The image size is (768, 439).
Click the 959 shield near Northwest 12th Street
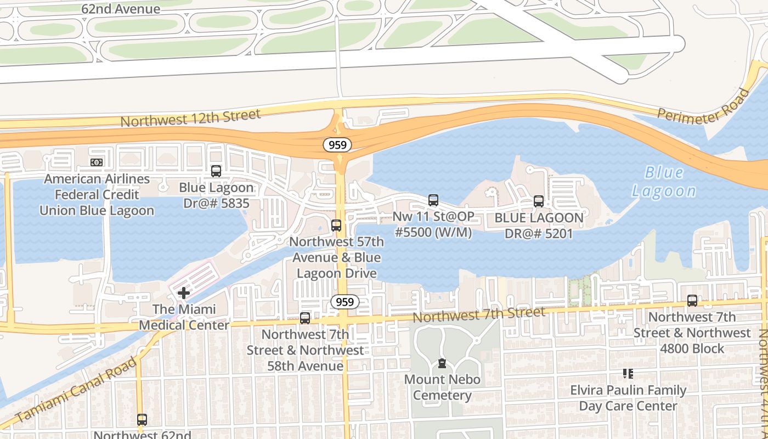click(337, 145)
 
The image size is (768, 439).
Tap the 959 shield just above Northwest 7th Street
click(345, 302)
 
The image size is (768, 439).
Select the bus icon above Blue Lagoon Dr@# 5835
click(216, 171)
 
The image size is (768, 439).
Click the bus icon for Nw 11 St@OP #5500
click(433, 200)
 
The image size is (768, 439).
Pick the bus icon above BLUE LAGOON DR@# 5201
click(539, 201)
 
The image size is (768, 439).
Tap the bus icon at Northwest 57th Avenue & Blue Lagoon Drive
click(336, 226)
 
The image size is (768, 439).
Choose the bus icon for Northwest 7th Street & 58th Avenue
click(305, 318)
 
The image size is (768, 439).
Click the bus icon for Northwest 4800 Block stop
click(692, 301)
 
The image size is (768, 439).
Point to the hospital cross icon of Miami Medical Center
click(184, 293)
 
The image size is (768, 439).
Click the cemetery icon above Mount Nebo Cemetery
click(442, 363)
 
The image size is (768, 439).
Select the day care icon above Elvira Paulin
click(628, 374)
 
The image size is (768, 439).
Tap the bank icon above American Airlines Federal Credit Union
click(97, 162)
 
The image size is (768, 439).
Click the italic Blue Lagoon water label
click(664, 182)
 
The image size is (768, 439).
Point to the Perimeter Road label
click(703, 106)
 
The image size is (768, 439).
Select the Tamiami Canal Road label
click(76, 390)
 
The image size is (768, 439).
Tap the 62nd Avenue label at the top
click(121, 9)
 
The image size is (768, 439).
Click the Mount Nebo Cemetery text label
click(442, 387)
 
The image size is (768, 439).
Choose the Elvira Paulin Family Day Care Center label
click(628, 398)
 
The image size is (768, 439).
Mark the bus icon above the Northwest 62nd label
click(142, 420)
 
